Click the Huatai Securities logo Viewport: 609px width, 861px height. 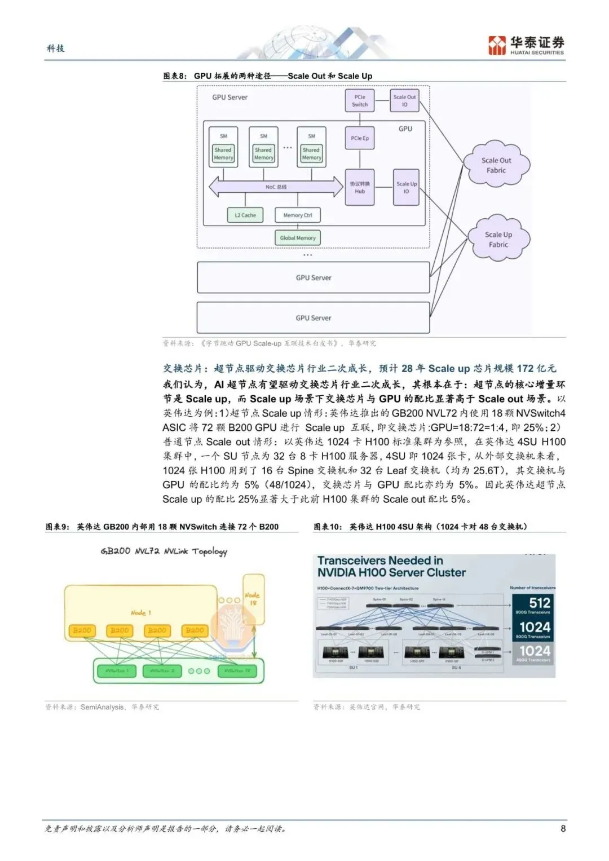point(526,45)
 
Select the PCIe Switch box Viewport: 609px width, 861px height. point(360,100)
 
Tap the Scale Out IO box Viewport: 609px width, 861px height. point(404,100)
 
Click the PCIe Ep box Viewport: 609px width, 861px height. point(360,138)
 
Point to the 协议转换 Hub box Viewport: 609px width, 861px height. point(360,187)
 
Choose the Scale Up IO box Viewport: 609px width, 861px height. point(406,187)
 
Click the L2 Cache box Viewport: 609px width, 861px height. point(245,215)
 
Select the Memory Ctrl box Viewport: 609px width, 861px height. point(298,215)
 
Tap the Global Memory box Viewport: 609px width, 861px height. point(298,238)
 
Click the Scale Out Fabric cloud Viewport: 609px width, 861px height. point(496,165)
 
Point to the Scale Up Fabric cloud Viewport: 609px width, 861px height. point(498,240)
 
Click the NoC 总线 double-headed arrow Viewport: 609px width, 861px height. point(276,187)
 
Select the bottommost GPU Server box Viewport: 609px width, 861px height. point(314,317)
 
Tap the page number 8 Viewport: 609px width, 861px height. point(563,828)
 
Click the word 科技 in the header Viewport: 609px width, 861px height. point(55,48)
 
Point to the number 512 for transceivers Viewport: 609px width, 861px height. point(539,603)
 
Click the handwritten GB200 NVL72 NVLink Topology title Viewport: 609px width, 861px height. point(164,551)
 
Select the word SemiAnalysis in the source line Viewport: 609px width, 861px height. point(103,707)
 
